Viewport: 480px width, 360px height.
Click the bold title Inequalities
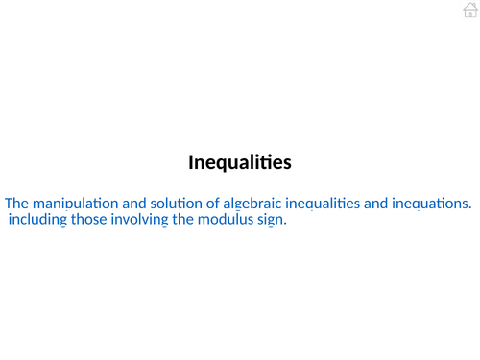239,163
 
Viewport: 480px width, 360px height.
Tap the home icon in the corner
469,10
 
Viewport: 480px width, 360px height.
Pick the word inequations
434,204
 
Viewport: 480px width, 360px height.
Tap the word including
36,220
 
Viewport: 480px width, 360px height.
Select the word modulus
225,220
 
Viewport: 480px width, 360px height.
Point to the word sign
273,220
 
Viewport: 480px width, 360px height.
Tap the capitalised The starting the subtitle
17,204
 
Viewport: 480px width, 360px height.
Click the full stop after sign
286,224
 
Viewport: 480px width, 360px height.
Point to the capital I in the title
190,162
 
